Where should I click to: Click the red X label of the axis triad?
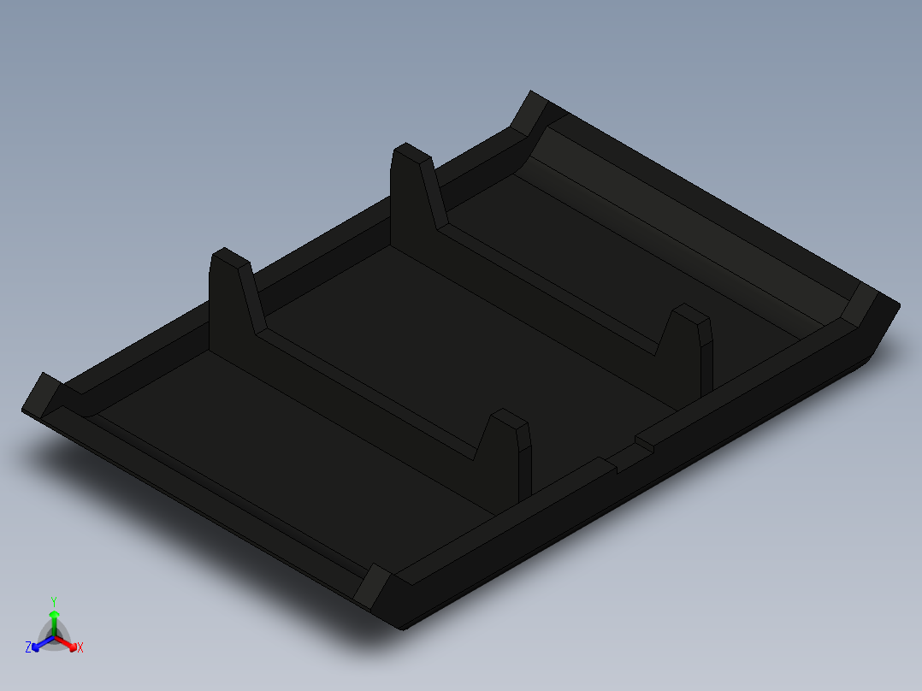coord(80,648)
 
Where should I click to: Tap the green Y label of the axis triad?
coord(54,601)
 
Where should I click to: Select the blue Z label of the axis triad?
coord(28,647)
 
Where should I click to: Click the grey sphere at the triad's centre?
coord(54,635)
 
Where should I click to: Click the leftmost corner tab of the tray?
coord(40,394)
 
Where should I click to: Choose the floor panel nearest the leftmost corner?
coord(282,445)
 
